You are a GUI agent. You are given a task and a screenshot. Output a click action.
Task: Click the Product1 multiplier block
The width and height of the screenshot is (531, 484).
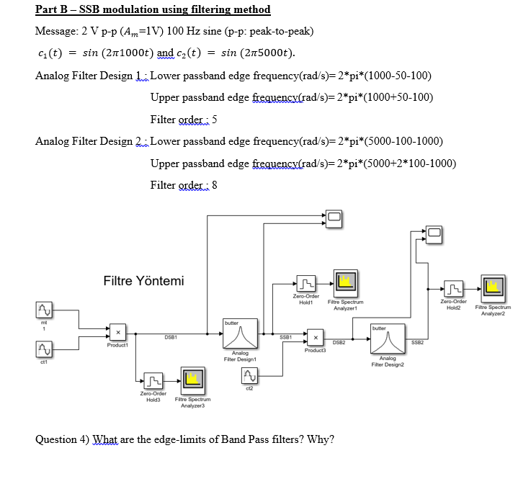117,333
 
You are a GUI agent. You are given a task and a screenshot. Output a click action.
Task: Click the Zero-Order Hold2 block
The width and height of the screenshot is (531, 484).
453,290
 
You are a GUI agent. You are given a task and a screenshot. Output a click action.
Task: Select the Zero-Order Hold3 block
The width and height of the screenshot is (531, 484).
153,380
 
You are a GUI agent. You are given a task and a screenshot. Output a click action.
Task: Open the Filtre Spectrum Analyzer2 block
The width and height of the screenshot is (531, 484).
493,288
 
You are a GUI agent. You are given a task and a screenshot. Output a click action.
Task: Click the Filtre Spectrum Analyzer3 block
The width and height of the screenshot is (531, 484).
190,380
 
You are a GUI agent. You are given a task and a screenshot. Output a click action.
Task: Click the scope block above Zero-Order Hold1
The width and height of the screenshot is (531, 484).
333,216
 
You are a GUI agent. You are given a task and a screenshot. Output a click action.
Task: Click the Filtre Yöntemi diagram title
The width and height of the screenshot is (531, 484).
143,281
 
